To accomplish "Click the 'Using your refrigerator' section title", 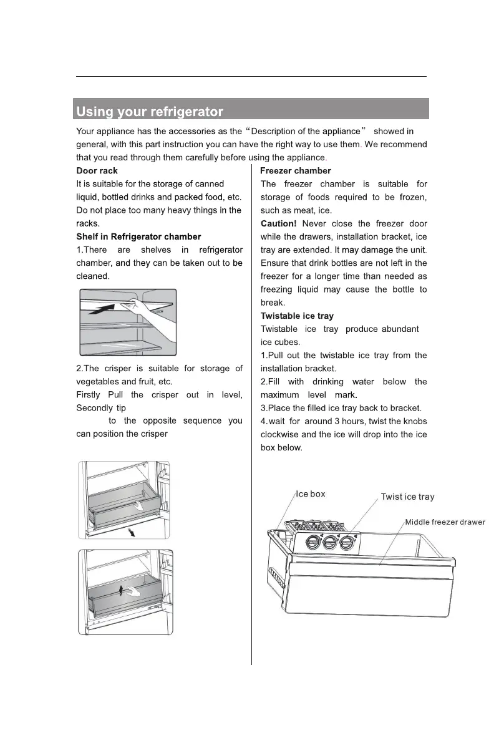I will [x=150, y=113].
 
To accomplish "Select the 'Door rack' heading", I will [x=97, y=171].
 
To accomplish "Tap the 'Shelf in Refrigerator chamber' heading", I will [x=138, y=237].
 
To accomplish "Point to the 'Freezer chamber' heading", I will [x=295, y=171].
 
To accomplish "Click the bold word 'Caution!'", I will [x=278, y=223].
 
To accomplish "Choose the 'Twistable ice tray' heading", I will [x=296, y=316].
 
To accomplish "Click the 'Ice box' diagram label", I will [x=310, y=494].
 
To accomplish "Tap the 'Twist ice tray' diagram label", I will [x=407, y=497].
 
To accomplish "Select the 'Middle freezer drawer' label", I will [x=445, y=522].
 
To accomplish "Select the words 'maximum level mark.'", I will [x=308, y=396].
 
